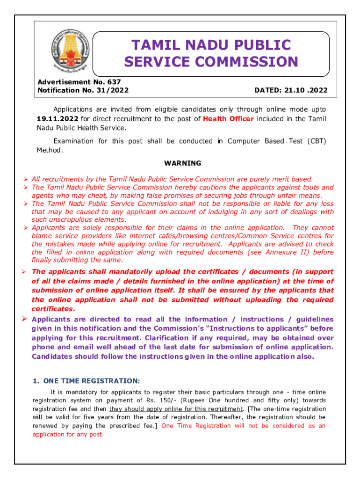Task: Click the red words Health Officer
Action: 228,119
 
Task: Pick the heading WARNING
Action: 182,163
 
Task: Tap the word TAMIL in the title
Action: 153,45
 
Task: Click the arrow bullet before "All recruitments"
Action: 26,179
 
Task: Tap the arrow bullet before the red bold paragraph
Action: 26,272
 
